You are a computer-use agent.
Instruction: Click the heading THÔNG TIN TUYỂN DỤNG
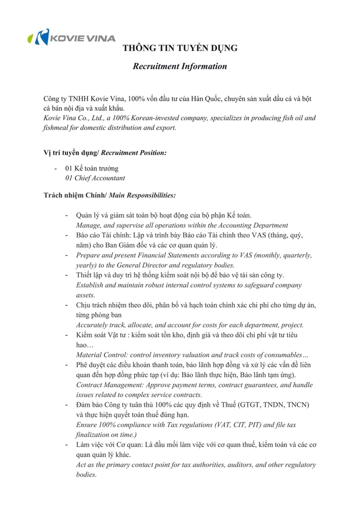[179, 48]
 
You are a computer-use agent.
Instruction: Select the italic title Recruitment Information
[179, 66]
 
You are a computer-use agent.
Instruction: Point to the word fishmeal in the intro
[59, 127]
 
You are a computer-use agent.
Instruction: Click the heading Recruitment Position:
[134, 153]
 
